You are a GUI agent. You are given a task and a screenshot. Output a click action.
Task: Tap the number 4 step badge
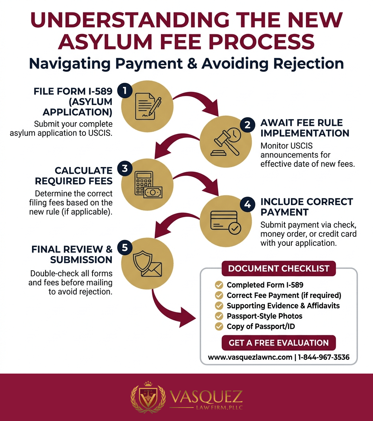(x=247, y=204)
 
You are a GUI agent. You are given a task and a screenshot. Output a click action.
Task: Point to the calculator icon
(x=148, y=185)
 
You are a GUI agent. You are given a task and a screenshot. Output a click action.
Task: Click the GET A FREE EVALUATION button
(x=279, y=343)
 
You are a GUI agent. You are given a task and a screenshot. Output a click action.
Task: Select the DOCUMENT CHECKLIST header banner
(x=279, y=268)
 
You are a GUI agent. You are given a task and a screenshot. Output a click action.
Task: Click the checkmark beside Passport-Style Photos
(x=219, y=316)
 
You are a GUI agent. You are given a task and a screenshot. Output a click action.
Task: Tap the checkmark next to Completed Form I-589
(x=219, y=285)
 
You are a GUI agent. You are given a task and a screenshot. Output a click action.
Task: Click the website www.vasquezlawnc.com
(x=250, y=358)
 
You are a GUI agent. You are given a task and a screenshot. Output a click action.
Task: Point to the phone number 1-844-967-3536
(x=324, y=358)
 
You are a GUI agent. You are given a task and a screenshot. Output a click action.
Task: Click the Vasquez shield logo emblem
(x=148, y=398)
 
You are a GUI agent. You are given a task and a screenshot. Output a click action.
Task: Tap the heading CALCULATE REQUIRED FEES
(x=74, y=176)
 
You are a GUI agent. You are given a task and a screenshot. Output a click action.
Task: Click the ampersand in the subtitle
(x=192, y=64)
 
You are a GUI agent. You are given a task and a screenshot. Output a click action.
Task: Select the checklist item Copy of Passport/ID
(x=261, y=327)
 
